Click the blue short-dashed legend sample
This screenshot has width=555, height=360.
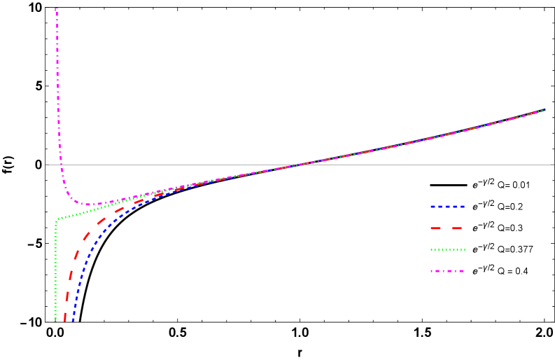pyautogui.click(x=447, y=207)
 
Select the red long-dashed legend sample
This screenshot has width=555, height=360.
pyautogui.click(x=447, y=228)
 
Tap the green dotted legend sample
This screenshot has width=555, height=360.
pyautogui.click(x=447, y=250)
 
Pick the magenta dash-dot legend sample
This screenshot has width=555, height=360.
pyautogui.click(x=447, y=271)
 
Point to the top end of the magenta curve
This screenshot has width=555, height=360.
pyautogui.click(x=57, y=9)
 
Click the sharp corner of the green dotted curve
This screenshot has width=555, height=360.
pyautogui.click(x=57, y=220)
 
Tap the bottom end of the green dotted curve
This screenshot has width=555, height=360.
pyautogui.click(x=55, y=321)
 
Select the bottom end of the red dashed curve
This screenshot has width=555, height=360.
pyautogui.click(x=65, y=321)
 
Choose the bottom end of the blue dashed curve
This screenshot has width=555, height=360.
pyautogui.click(x=73, y=321)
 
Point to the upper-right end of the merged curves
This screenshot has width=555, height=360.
pyautogui.click(x=543, y=111)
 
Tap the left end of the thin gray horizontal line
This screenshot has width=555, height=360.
pyautogui.click(x=45, y=165)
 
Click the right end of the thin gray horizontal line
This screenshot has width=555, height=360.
pyautogui.click(x=554, y=165)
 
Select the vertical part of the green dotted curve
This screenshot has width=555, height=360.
pyautogui.click(x=55, y=273)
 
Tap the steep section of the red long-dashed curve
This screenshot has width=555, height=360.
pyautogui.click(x=70, y=280)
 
